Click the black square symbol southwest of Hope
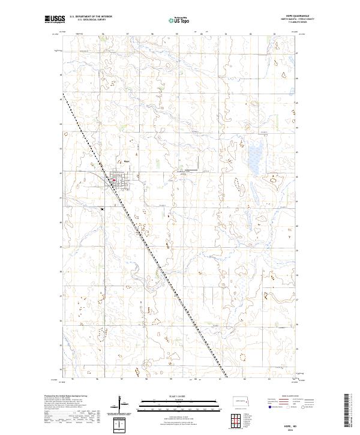pyautogui.click(x=103, y=209)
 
